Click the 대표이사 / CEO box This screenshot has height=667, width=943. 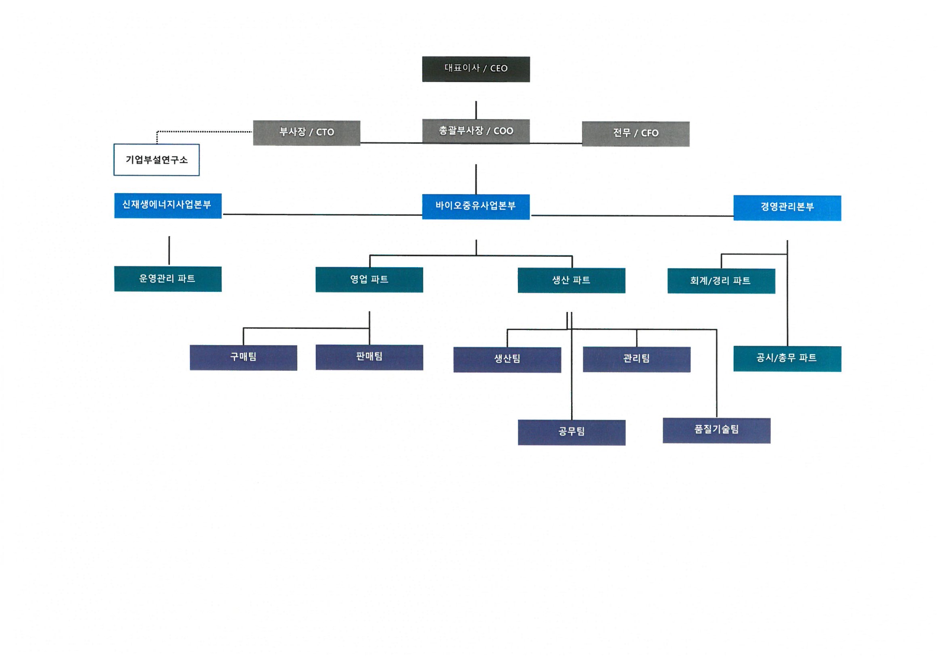coord(476,69)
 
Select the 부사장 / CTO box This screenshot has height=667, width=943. coord(307,133)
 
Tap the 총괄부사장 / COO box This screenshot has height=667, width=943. coord(476,131)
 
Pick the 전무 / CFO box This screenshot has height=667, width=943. coord(635,134)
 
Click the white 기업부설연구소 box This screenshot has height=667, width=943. coord(156,160)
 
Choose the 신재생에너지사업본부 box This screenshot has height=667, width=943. coord(167,205)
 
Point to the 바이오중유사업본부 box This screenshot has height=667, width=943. coord(476,207)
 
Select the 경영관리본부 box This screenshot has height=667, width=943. coord(787,208)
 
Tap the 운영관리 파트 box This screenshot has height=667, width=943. coord(167,279)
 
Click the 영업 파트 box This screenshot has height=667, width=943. coord(369,280)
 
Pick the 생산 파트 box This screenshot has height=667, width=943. coord(571,280)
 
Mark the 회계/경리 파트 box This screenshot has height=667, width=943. coord(721,281)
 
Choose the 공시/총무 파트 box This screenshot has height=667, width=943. coord(787,359)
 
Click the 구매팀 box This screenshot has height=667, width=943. coord(243,358)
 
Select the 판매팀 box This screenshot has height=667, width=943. coord(369,357)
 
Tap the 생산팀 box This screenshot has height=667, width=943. coord(507,360)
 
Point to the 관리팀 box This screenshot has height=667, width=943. coord(636,359)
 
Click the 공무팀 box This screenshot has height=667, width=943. coord(571,432)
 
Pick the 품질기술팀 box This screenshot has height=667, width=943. coord(716,430)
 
